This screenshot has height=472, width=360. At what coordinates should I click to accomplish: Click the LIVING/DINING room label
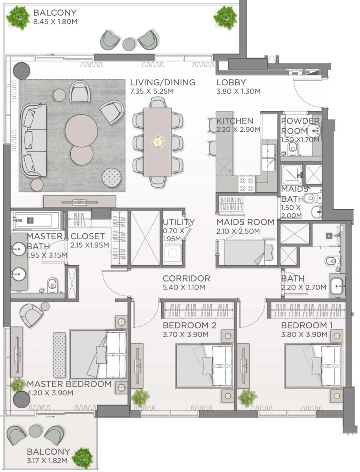(163, 83)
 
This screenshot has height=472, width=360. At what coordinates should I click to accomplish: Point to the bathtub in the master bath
(36, 219)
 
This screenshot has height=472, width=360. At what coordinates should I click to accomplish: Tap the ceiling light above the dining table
(157, 141)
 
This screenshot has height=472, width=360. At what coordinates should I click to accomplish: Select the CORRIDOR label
(186, 278)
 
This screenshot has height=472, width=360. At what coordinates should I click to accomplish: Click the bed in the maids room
(246, 252)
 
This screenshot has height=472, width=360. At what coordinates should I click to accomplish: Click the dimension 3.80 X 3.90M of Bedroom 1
(304, 335)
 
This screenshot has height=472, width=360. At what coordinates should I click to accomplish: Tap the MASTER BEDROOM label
(69, 384)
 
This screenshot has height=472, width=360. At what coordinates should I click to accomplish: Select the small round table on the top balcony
(129, 43)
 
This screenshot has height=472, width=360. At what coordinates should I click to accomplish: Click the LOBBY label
(231, 83)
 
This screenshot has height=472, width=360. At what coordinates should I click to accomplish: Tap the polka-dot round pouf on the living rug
(112, 178)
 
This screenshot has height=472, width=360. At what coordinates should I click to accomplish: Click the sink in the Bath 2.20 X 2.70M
(337, 286)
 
